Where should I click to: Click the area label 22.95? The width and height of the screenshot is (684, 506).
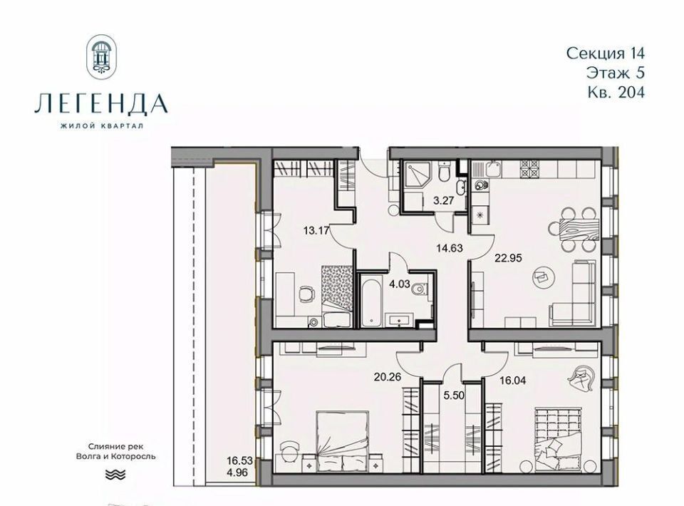click(508, 258)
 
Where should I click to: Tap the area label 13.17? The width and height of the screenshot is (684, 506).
click(316, 229)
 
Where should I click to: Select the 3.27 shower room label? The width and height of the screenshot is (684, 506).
click(442, 202)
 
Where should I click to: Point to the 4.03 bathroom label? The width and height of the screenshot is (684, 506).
click(400, 284)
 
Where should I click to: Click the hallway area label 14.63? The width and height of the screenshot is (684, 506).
click(450, 248)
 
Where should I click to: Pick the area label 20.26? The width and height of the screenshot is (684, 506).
click(388, 376)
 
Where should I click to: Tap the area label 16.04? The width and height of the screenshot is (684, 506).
click(512, 381)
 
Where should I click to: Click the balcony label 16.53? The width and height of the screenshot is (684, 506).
click(239, 460)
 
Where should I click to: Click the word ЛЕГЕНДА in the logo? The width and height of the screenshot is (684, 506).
click(101, 104)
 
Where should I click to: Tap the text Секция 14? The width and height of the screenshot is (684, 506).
click(606, 53)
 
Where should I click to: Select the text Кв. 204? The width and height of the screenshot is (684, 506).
click(616, 92)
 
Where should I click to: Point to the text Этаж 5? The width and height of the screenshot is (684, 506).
click(615, 73)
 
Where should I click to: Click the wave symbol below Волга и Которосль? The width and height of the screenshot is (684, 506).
click(115, 474)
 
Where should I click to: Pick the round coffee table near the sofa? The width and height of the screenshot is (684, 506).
click(544, 277)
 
